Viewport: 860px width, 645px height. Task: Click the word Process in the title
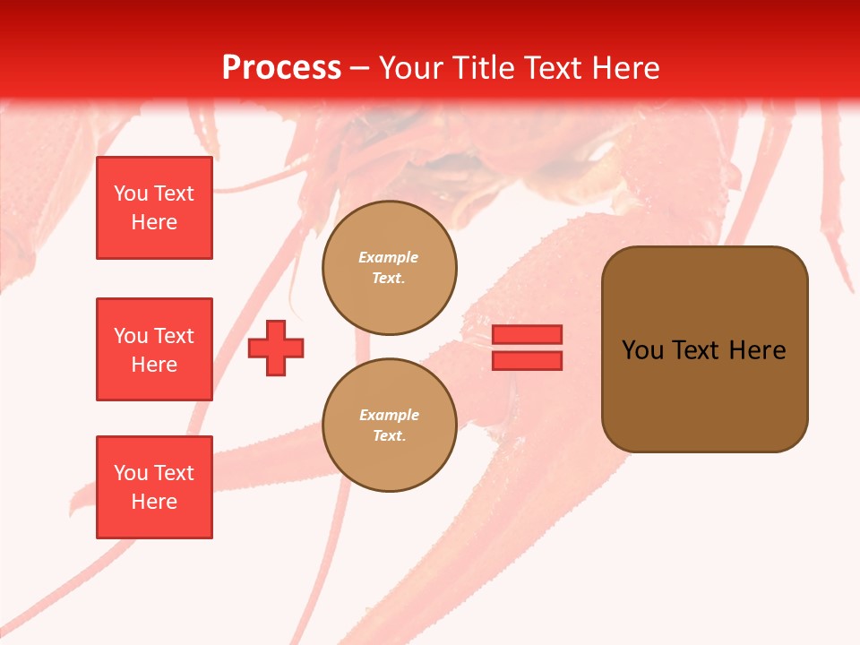pyautogui.click(x=281, y=68)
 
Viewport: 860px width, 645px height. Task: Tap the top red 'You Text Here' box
pyautogui.click(x=154, y=208)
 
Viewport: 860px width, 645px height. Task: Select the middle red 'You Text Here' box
pyautogui.click(x=154, y=349)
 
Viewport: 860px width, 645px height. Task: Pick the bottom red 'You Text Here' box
pyautogui.click(x=154, y=487)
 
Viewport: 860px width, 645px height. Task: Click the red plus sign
pyautogui.click(x=276, y=348)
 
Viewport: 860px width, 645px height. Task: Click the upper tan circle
pyautogui.click(x=389, y=268)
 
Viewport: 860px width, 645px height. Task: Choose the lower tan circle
pyautogui.click(x=389, y=426)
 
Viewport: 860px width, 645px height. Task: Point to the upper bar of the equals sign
pyautogui.click(x=527, y=334)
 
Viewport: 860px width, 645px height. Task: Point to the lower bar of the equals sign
pyautogui.click(x=527, y=361)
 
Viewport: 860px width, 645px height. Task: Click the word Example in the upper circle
pyautogui.click(x=389, y=257)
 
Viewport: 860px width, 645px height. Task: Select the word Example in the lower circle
pyautogui.click(x=389, y=415)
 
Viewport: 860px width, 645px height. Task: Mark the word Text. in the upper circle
pyautogui.click(x=389, y=279)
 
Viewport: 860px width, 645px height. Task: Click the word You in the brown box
pyautogui.click(x=643, y=350)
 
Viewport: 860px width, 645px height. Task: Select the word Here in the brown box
pyautogui.click(x=758, y=350)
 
